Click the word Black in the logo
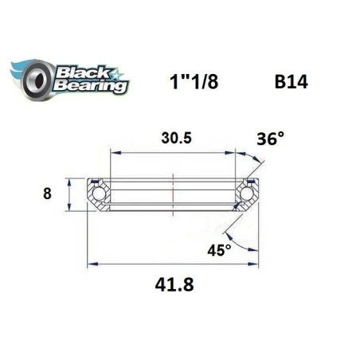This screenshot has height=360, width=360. [77, 69]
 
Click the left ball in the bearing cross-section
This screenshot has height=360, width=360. [99, 194]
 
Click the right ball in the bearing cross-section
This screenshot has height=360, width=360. [248, 194]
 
